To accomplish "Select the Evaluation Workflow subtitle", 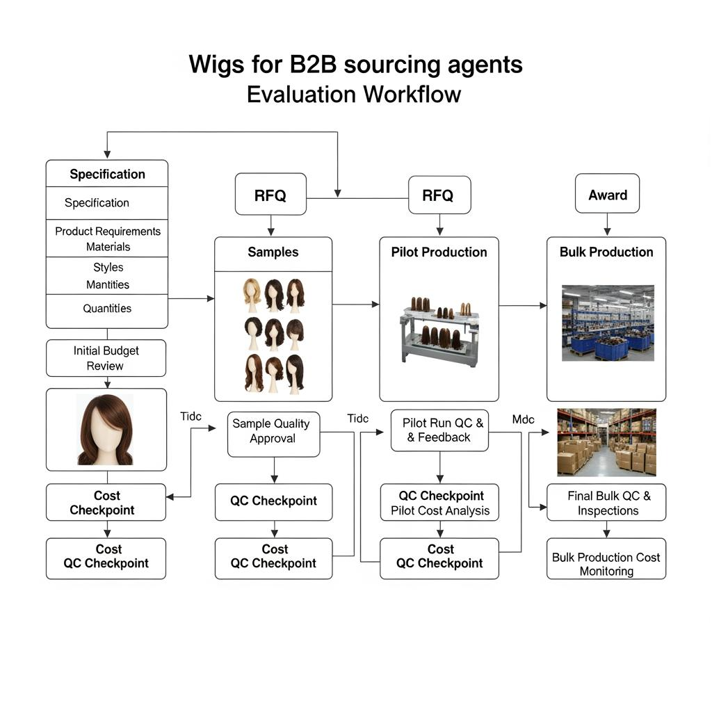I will tap(354, 94).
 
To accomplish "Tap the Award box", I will tap(607, 194).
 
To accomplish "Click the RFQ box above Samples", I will tap(270, 195).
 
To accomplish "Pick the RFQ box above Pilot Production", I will tap(438, 195).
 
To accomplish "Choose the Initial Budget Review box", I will tap(106, 358).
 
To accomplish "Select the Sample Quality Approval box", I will tap(273, 431).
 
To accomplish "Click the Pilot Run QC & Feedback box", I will tap(439, 430).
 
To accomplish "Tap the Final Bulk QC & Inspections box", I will tap(606, 503).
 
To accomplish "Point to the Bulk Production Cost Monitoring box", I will tap(606, 564).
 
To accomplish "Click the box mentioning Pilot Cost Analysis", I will tap(440, 503).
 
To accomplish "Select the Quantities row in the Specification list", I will tap(107, 309).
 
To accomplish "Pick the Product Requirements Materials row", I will tap(108, 238).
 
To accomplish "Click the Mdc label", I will tap(523, 419).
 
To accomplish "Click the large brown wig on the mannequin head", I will tap(106, 430).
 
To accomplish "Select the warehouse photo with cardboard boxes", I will tap(606, 442).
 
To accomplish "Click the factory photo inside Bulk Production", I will tap(608, 323).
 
